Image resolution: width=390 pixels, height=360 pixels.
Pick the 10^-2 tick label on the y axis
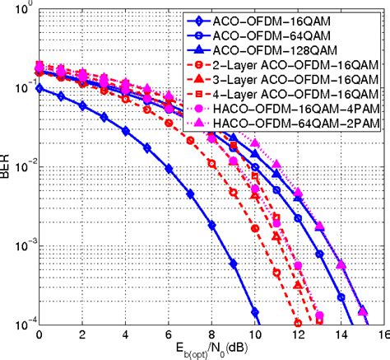[20, 166]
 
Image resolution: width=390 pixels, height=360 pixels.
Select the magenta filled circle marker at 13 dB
[319, 315]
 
